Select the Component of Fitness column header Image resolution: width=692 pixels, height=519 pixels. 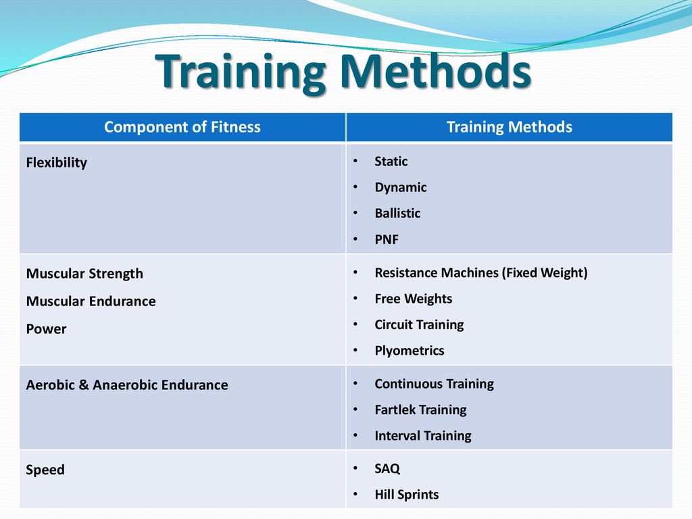click(x=182, y=127)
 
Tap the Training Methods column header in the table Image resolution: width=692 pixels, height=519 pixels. click(x=510, y=127)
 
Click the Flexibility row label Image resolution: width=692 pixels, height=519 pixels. click(x=57, y=163)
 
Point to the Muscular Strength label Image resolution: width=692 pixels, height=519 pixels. click(x=84, y=274)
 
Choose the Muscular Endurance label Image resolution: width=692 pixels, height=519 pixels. click(x=91, y=301)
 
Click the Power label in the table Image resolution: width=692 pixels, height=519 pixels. click(x=47, y=329)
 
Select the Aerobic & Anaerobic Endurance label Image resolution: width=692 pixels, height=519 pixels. click(x=127, y=385)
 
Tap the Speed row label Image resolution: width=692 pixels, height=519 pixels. click(x=45, y=470)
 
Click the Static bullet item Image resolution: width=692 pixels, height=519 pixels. click(x=391, y=161)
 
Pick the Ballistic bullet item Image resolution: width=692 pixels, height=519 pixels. click(x=397, y=213)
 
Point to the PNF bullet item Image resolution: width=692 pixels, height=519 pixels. click(x=387, y=240)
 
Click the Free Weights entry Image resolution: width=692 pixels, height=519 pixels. click(x=414, y=299)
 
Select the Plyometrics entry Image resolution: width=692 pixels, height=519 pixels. click(x=410, y=351)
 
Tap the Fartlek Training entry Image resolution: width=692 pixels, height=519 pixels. click(x=420, y=410)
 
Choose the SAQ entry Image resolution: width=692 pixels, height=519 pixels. click(x=387, y=469)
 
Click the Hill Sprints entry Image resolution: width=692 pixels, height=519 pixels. click(x=407, y=495)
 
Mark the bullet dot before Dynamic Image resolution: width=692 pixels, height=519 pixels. click(x=355, y=188)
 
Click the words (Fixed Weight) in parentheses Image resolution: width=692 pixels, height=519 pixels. click(x=545, y=273)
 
